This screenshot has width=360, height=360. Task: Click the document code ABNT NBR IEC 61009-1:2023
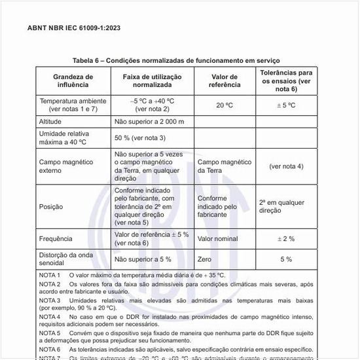tap(74, 28)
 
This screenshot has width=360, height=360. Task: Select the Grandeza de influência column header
tap(73, 81)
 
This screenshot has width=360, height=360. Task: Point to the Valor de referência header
tap(224, 81)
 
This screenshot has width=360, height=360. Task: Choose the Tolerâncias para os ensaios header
tap(285, 81)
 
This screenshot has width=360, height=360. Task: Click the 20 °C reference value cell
tap(225, 105)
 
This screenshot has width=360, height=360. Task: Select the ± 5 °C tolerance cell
tap(286, 105)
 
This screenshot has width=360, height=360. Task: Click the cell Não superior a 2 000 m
tap(149, 122)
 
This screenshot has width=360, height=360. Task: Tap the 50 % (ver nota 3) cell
tap(140, 138)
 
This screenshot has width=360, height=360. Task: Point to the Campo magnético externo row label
tap(66, 166)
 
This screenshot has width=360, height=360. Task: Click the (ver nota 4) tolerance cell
tap(286, 166)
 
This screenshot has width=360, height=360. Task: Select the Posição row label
tap(51, 207)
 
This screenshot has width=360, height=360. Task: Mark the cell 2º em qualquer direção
tap(281, 207)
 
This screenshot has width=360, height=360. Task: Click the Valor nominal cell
tap(218, 239)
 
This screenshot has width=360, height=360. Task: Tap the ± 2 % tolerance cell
tap(286, 239)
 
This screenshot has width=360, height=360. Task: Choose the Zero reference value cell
tap(205, 259)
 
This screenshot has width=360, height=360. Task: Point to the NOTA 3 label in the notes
tap(50, 299)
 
